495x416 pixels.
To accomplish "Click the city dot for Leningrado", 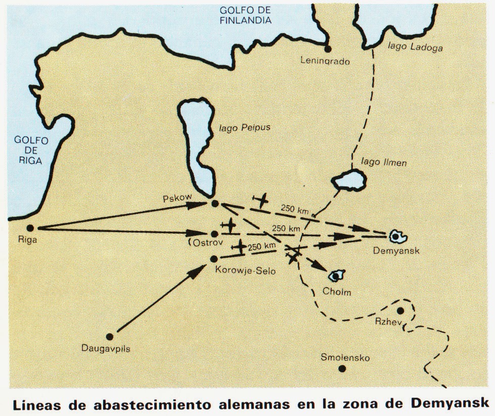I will [328, 49].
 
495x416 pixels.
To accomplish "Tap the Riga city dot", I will [30, 228].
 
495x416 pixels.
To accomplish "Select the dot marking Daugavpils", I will [110, 335].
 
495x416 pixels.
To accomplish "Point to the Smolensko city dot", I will [342, 368].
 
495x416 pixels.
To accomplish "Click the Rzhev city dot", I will [400, 311].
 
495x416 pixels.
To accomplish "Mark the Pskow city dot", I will [214, 204].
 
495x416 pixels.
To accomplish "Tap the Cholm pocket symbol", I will [335, 276].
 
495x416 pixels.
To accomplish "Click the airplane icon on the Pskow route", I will [261, 201].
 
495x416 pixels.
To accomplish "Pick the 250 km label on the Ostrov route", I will [286, 229].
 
